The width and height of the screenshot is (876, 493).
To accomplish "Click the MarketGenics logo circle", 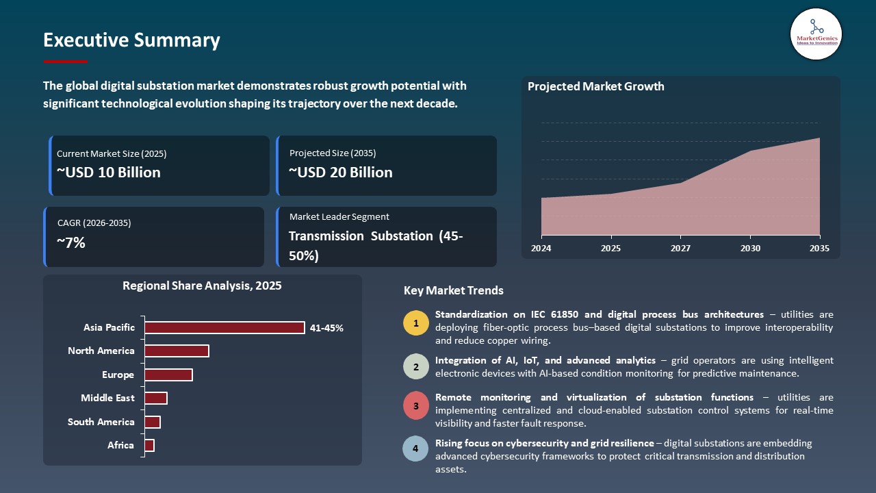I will tap(816, 34).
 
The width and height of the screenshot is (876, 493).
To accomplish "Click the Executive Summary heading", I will tap(131, 40).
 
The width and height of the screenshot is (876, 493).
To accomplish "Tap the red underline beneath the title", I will tap(66, 62).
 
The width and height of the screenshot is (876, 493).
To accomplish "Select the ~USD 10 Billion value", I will tap(108, 173).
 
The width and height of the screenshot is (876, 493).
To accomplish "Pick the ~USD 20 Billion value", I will tap(341, 173).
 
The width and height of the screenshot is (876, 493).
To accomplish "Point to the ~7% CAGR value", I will tap(71, 242).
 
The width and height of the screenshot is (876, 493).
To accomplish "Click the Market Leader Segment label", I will tap(339, 216).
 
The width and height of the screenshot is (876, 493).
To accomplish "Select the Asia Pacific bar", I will tap(224, 328).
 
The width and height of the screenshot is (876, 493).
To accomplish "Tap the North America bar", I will tap(176, 351).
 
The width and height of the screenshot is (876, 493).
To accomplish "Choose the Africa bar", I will tap(149, 446).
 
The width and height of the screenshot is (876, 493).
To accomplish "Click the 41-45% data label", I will tap(326, 328).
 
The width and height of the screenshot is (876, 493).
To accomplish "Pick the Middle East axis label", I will tap(107, 398).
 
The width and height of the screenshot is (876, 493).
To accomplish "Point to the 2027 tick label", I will tap(680, 248).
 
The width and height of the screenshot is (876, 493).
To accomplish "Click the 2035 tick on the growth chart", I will tap(819, 248).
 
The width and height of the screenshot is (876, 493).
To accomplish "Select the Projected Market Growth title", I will tap(595, 86).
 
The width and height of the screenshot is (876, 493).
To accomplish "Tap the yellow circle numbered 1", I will tap(415, 323).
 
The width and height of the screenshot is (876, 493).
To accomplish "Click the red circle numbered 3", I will tap(415, 406).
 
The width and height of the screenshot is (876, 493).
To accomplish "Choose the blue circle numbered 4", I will tap(415, 448).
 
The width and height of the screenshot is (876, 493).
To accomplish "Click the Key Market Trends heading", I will tap(453, 290).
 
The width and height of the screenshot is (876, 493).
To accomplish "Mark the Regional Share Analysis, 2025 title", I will tap(202, 286).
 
